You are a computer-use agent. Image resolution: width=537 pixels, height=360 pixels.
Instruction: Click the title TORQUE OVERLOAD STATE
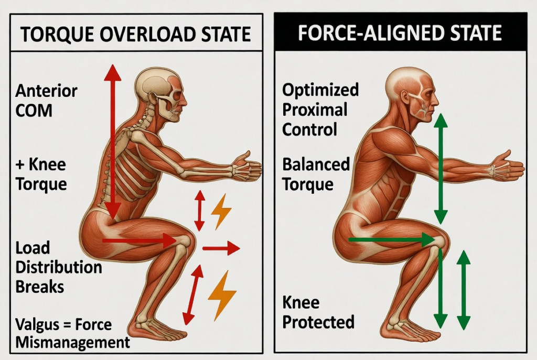136,34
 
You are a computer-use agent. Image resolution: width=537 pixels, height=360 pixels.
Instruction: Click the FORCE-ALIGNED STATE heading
400,32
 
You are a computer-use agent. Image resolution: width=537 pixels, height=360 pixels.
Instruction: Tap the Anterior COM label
47,101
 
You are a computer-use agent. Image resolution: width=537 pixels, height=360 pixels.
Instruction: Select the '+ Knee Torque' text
41,174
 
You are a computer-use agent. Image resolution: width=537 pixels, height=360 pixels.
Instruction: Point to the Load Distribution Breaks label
59,267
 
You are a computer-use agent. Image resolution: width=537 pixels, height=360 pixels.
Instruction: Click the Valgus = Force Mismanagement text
72,333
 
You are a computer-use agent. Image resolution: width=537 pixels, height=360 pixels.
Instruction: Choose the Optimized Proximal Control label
320,110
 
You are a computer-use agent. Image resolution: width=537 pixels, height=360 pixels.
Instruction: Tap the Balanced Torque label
316,174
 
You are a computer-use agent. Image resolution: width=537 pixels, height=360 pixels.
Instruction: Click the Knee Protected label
318,312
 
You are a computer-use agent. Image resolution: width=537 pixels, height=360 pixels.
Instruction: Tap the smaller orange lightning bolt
221,211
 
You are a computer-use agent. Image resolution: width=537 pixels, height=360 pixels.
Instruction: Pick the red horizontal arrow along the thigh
139,241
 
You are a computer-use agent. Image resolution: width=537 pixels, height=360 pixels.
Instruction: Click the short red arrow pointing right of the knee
221,248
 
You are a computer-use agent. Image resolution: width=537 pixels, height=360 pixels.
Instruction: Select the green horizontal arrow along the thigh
392,239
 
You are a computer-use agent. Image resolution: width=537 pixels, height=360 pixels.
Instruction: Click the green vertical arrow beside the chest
441,169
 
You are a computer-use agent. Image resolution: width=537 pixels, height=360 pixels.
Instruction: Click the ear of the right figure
406,99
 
